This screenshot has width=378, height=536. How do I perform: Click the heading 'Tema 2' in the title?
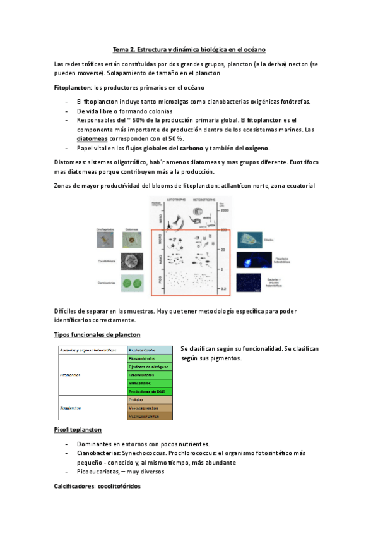126,49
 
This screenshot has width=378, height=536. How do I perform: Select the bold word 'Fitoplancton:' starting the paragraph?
73,88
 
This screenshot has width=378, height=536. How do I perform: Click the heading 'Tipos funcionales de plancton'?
97,334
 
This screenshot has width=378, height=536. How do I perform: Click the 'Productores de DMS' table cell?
150,391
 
